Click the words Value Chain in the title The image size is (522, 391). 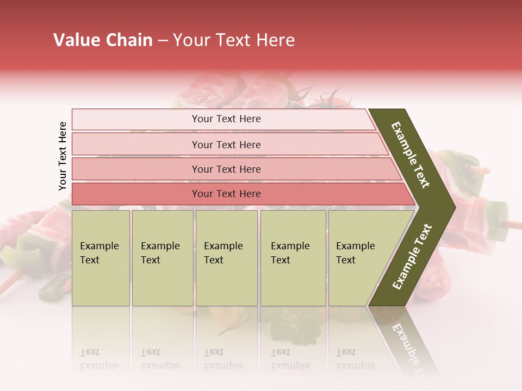(x=103, y=40)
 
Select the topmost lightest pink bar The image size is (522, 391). (x=226, y=119)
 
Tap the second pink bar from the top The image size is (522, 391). (x=226, y=144)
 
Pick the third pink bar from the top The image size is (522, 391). (x=226, y=169)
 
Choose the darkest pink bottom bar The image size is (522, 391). (x=226, y=194)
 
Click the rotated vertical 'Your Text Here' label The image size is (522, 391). (x=63, y=156)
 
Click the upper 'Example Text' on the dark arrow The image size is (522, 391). (x=411, y=155)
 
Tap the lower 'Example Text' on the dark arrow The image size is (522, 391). (x=412, y=256)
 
